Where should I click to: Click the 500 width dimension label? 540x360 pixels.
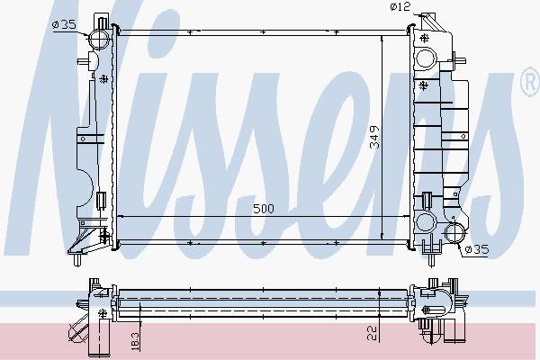pos(264,209)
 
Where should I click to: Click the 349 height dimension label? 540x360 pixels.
pos(374,137)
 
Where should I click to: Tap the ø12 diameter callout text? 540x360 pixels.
pos(400,6)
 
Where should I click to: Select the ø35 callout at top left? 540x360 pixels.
pos(65,25)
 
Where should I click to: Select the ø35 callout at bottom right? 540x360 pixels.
pos(477,249)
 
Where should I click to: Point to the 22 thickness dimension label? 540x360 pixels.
pos(373,333)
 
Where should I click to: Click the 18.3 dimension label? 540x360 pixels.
pos(135,341)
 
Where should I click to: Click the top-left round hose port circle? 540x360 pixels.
pos(100,39)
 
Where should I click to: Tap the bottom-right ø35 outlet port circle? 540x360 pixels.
pos(455,233)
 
